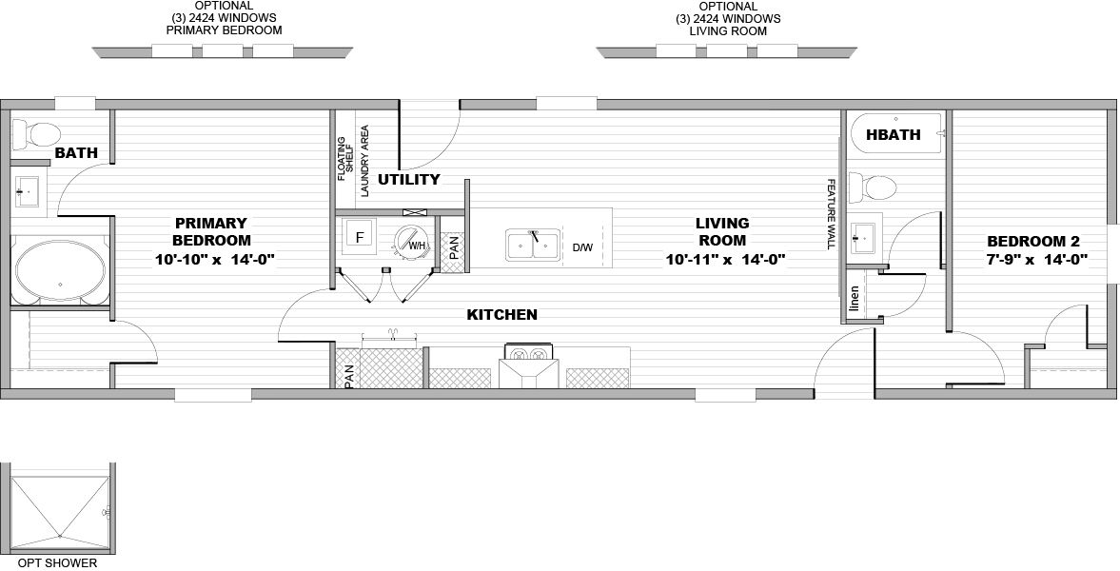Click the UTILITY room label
click(x=409, y=179)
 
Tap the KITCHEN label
click(x=501, y=314)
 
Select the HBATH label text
click(x=894, y=135)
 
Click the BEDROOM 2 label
click(x=1036, y=241)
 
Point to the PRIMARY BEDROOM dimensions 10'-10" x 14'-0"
click(x=215, y=259)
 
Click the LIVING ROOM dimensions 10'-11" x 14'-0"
click(x=725, y=259)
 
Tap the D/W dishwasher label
click(x=582, y=247)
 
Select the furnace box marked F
click(x=360, y=237)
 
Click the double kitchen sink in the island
click(x=533, y=245)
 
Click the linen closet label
click(x=854, y=300)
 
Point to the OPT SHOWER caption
click(x=57, y=563)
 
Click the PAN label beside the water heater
click(x=455, y=247)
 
